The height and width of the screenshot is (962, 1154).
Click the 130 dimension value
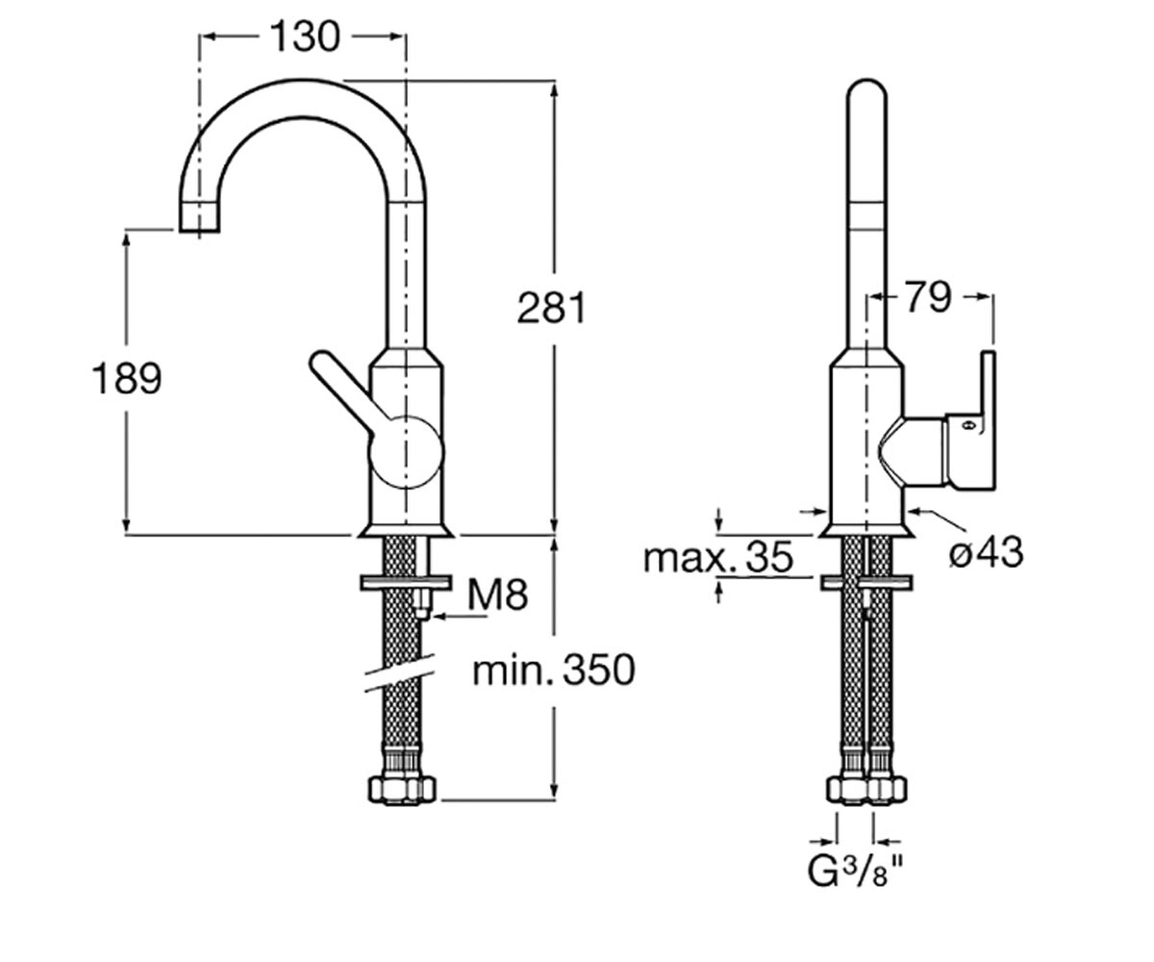coord(306,37)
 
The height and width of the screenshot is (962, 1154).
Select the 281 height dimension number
coord(552,308)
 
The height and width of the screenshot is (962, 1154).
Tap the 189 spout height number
coord(127,379)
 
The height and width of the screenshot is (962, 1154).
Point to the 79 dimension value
coord(928,297)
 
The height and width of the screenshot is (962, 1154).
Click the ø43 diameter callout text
coord(986,552)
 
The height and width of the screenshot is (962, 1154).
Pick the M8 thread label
coord(498,595)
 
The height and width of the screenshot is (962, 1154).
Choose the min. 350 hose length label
coord(554,671)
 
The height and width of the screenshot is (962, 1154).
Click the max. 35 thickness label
coord(718,557)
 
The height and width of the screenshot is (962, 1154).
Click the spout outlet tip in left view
coord(199,223)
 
